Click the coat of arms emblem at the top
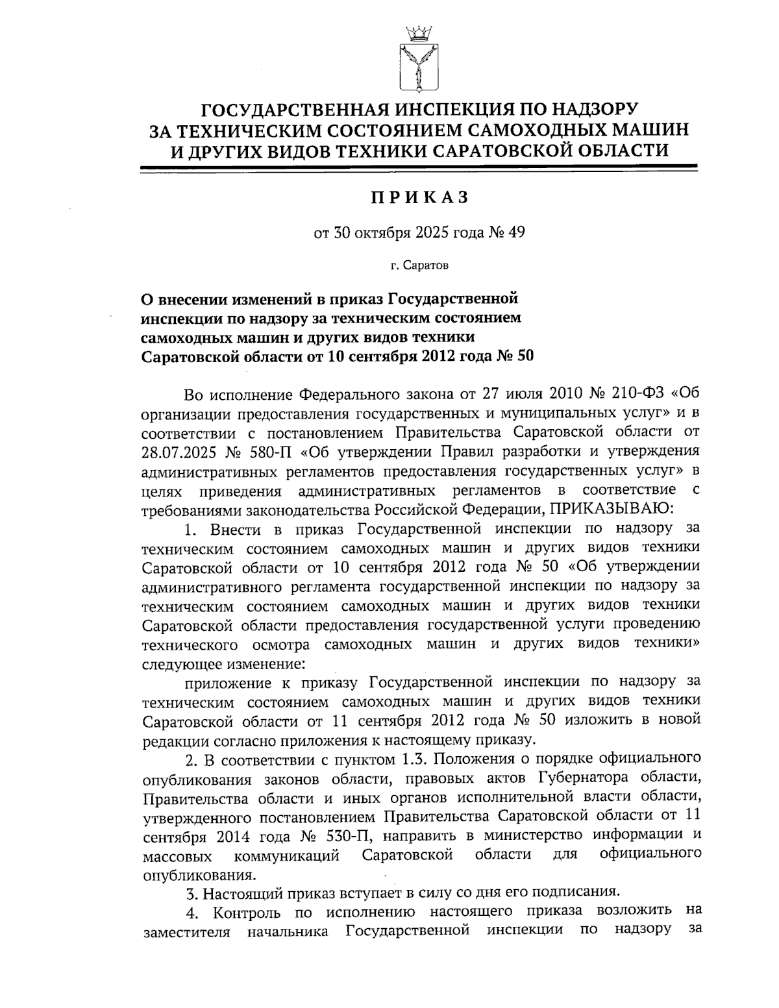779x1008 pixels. [418, 69]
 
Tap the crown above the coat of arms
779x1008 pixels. [418, 32]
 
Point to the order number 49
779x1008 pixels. [516, 232]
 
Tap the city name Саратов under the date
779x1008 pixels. [424, 265]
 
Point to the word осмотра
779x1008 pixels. [280, 645]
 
